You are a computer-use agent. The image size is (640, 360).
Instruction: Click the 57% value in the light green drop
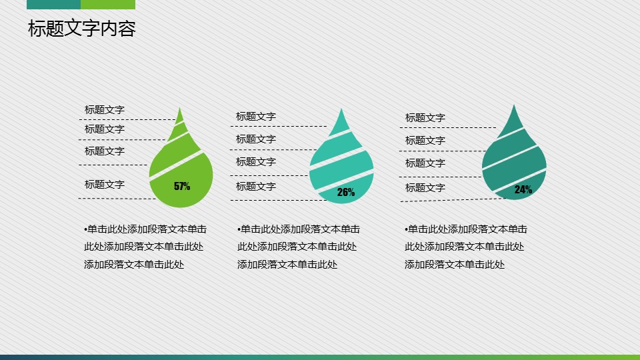click(182, 186)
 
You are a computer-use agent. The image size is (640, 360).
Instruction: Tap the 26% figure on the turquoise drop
click(346, 192)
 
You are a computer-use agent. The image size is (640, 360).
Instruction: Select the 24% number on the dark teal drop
click(523, 189)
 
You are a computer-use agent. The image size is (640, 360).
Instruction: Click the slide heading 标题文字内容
click(81, 29)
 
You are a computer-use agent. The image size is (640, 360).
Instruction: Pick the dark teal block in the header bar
click(53, 5)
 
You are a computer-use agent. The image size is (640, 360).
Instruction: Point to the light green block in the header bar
click(108, 5)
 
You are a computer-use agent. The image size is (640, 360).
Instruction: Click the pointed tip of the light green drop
click(179, 108)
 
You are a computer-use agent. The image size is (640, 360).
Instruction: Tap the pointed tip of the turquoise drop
click(341, 109)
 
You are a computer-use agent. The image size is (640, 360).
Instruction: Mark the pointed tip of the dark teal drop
click(514, 105)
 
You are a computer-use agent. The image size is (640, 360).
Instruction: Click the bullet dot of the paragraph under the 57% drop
click(86, 230)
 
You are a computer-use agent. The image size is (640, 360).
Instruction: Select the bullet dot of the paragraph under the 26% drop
click(239, 230)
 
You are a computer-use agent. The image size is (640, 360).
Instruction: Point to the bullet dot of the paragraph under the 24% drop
click(407, 230)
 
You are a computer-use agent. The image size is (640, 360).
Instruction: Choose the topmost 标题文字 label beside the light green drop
click(105, 110)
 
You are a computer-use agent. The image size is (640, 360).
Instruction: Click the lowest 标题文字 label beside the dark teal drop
click(425, 188)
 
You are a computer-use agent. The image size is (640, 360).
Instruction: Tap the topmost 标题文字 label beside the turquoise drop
click(256, 117)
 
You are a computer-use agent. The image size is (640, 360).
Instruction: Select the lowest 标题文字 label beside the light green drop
click(105, 185)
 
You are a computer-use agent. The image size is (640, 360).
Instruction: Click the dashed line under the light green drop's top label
click(127, 119)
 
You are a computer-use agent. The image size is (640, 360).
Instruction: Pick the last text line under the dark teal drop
click(455, 265)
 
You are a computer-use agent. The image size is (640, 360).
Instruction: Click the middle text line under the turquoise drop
click(297, 247)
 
